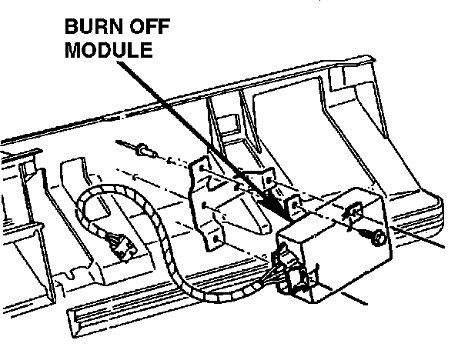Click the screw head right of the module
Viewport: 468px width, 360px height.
click(x=377, y=240)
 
